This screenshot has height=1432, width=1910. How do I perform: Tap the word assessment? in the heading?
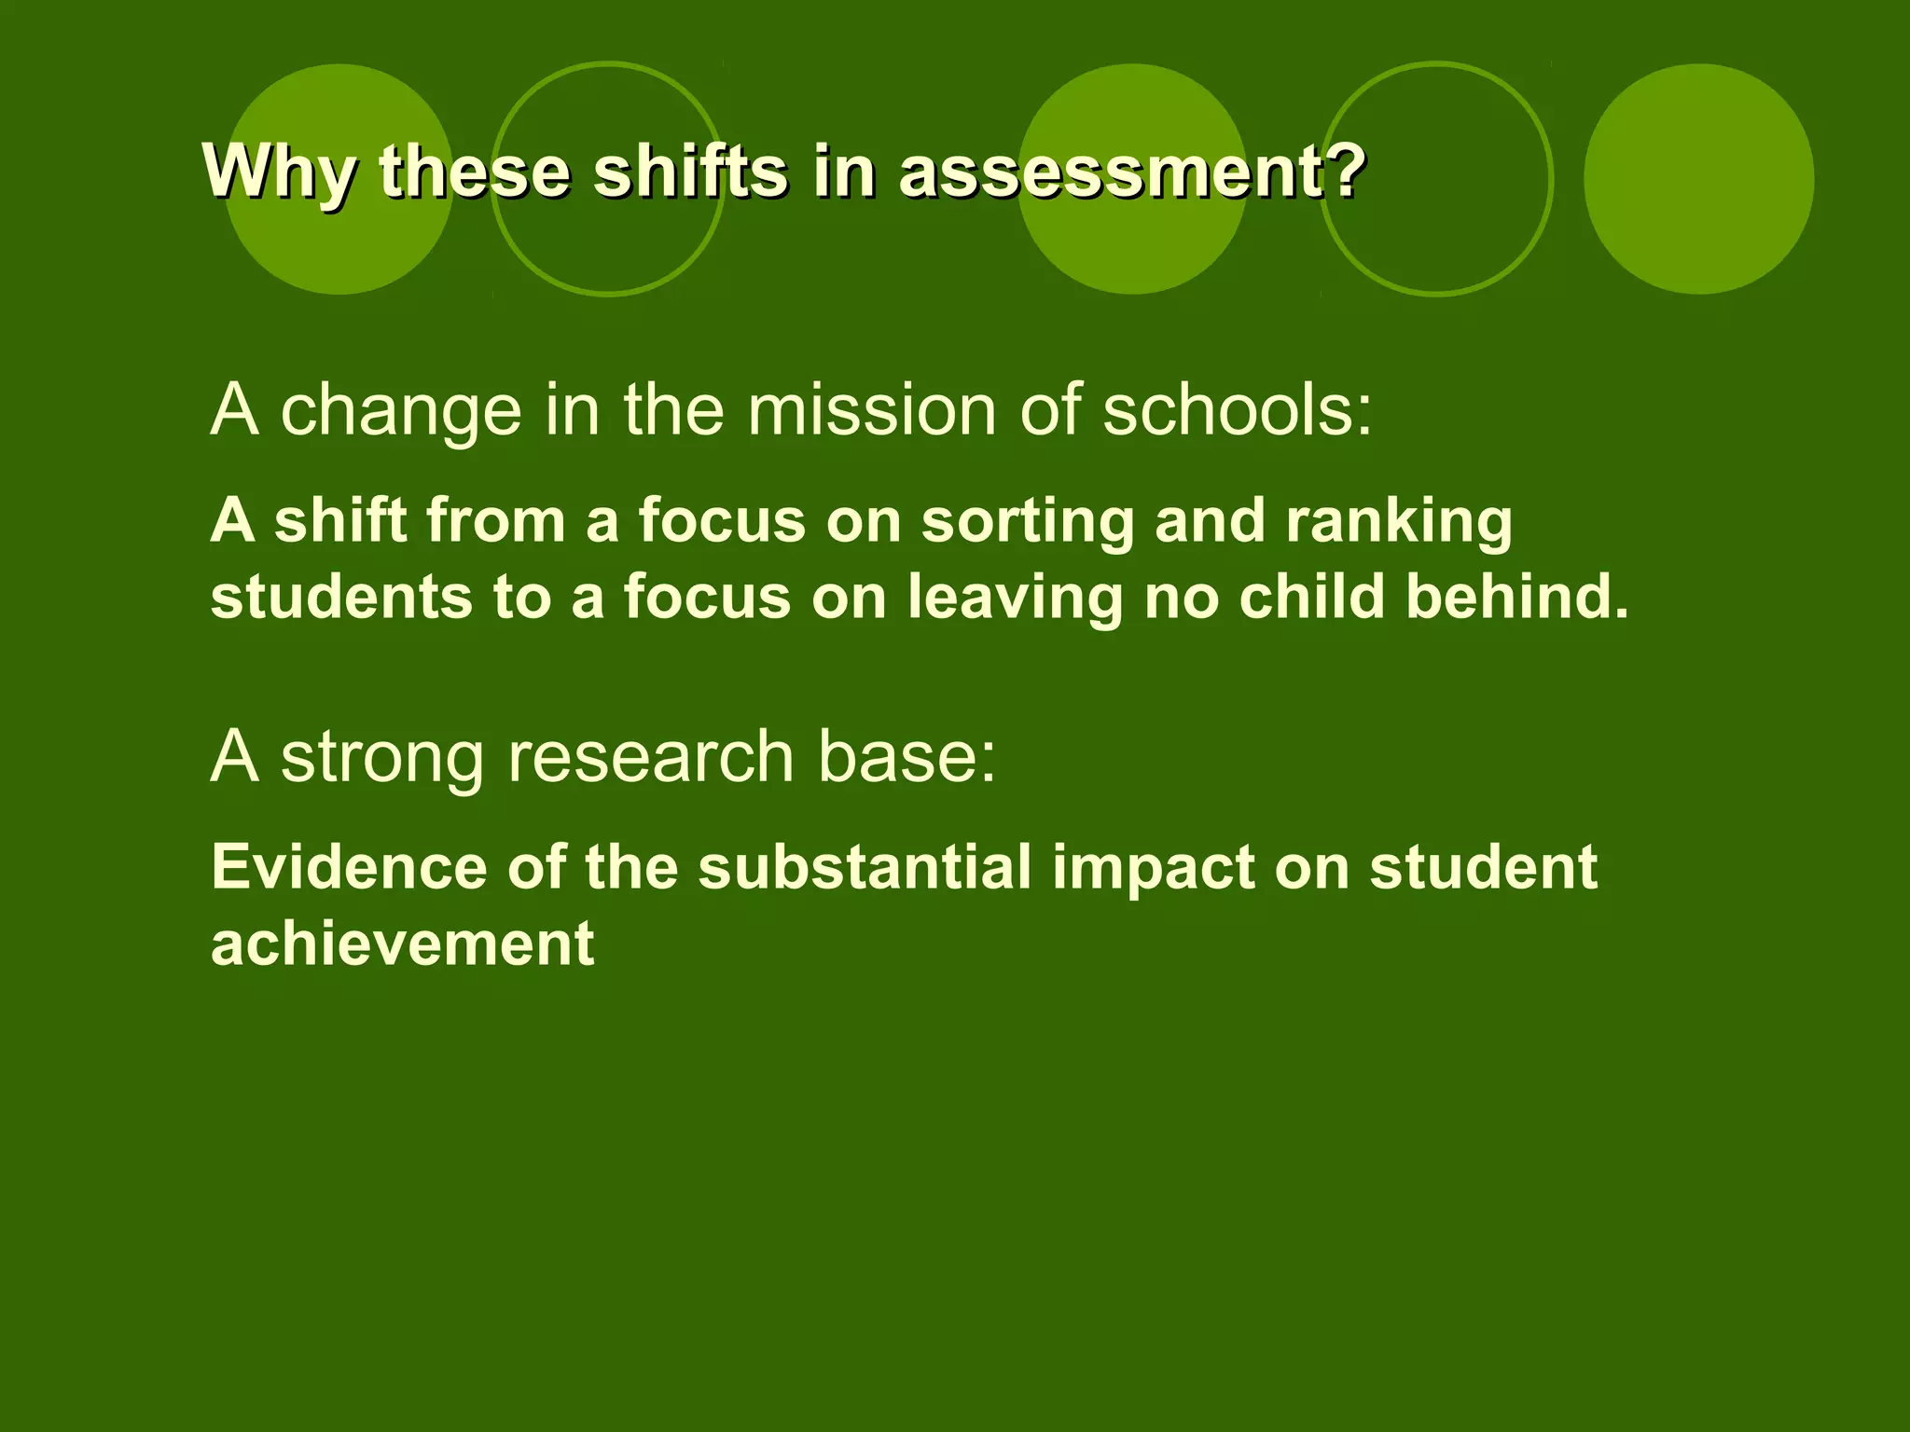[x=1132, y=172]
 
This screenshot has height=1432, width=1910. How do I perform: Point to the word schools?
[x=1238, y=410]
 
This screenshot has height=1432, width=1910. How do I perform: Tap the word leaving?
[x=1015, y=598]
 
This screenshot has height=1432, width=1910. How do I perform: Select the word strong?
[x=382, y=758]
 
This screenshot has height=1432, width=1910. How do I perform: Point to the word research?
[x=651, y=756]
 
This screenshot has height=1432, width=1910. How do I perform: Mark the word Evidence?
[x=349, y=867]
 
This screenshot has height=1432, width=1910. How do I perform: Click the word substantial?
[x=865, y=867]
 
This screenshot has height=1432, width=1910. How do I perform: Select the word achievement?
[x=402, y=943]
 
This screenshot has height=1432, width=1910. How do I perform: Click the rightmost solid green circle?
[x=1698, y=179]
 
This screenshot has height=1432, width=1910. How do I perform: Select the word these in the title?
[x=475, y=172]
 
